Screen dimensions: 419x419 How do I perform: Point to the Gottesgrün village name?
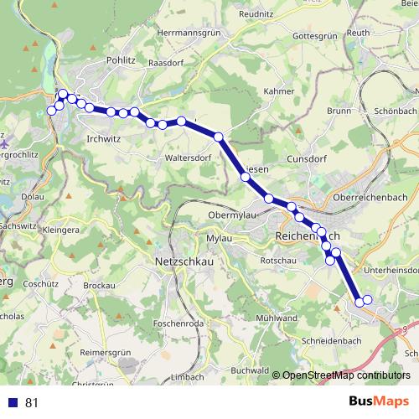315,36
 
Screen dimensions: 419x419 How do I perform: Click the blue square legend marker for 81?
13,402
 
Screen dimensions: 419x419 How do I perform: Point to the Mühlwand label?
277,318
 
